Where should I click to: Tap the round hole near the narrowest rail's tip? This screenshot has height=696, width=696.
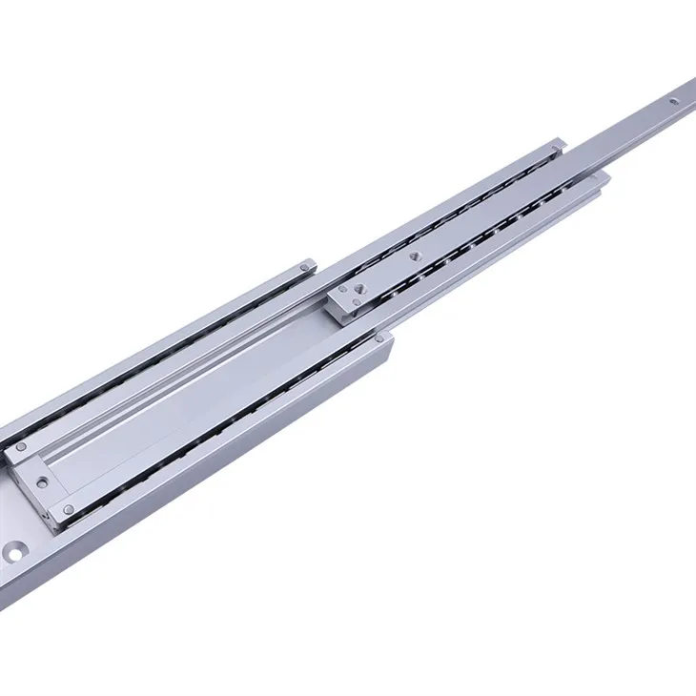click(674, 99)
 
